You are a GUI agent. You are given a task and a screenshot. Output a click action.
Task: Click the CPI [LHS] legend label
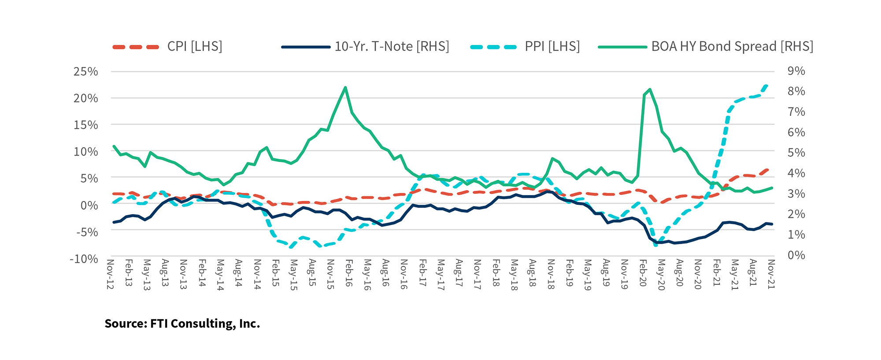[195, 47]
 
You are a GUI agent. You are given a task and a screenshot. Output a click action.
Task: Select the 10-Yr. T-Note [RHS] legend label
[392, 47]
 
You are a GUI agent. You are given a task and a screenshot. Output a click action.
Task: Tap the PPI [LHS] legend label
[552, 47]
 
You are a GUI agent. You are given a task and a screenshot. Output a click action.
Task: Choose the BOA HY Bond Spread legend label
[732, 47]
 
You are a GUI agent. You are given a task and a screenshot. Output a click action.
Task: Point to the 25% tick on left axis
[86, 71]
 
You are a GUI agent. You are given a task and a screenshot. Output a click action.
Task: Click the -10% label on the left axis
[84, 259]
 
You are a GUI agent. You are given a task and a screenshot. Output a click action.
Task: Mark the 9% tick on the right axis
[796, 71]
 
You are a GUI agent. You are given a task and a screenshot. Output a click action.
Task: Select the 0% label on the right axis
[796, 255]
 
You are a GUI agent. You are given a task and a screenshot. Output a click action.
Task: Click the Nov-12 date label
[110, 274]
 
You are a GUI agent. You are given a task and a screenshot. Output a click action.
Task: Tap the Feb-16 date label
[349, 273]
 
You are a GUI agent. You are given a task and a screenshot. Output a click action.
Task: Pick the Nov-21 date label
[771, 274]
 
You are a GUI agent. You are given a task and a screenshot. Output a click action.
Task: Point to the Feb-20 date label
[643, 273]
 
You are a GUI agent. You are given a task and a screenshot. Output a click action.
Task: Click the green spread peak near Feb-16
[345, 87]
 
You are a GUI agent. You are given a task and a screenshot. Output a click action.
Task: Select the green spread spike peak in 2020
[650, 89]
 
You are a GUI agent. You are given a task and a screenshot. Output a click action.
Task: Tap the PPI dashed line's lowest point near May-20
[656, 245]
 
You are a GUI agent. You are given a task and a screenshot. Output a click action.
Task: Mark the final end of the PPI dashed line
[767, 85]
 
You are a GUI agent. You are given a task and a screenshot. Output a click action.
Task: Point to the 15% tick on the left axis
[86, 125]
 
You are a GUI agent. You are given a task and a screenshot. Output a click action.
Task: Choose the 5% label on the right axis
[796, 153]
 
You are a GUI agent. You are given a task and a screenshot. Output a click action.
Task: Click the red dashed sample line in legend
[136, 47]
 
